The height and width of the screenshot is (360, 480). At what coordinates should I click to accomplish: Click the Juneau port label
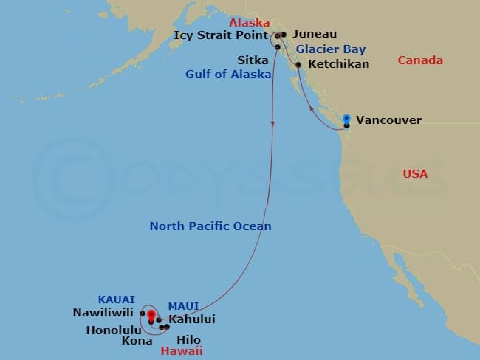tap(315, 34)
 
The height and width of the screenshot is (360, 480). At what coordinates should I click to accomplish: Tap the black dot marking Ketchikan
tap(298, 65)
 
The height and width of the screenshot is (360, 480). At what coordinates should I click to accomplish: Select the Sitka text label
tap(247, 59)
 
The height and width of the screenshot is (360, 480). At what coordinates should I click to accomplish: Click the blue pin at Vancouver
tap(346, 118)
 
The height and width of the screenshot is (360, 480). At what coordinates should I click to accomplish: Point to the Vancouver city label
tap(388, 120)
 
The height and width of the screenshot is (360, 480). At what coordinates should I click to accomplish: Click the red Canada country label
tap(420, 60)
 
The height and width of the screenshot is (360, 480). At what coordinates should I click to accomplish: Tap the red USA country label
tap(415, 174)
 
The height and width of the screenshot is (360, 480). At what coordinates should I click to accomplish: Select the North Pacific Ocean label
tap(210, 226)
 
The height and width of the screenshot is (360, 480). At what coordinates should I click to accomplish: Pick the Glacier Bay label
tap(331, 49)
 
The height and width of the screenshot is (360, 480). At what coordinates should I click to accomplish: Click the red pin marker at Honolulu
tap(151, 316)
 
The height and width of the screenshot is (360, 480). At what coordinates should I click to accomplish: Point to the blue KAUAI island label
tap(116, 300)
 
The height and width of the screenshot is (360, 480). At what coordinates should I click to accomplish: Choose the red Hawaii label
tap(182, 352)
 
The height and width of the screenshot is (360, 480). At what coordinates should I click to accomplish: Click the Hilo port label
tap(190, 340)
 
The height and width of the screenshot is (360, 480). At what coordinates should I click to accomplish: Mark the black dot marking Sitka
tap(278, 47)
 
